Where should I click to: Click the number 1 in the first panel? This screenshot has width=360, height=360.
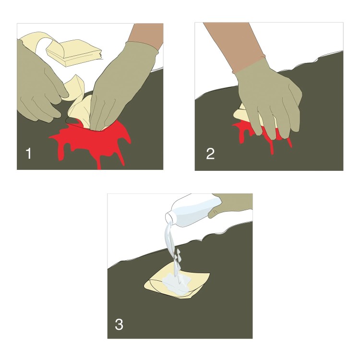28,154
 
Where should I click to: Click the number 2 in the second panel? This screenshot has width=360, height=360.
210,154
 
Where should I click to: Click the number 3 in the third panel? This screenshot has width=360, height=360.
119,324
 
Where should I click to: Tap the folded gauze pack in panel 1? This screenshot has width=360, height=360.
74,53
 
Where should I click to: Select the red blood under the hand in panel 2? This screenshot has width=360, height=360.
262,135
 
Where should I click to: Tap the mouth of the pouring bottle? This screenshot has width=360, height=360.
168,217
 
